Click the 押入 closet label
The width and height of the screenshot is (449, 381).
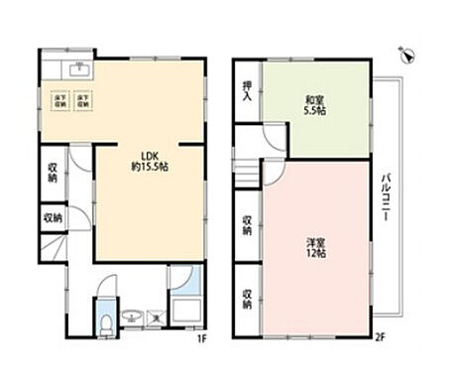coord(248,96)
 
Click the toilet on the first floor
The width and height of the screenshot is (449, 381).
coord(106,321)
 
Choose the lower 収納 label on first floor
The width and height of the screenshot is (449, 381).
coord(52,217)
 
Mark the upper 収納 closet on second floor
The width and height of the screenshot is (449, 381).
coord(248,227)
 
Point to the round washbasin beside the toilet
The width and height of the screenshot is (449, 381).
coord(129,318)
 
